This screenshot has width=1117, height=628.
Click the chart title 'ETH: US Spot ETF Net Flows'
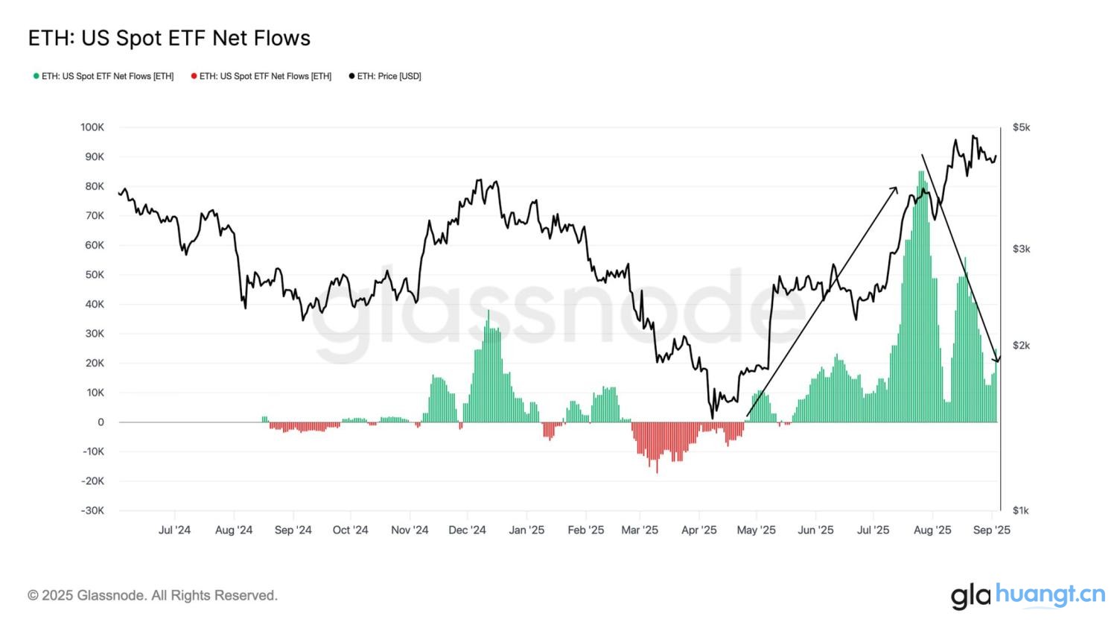point(169,38)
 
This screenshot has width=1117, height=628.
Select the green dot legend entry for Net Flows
point(104,76)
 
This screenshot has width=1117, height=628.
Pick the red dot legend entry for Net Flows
point(261,76)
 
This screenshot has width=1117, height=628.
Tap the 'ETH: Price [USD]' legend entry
point(385,76)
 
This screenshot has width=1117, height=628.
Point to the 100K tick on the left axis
point(92,127)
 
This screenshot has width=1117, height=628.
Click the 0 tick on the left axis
point(101,422)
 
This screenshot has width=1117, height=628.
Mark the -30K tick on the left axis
point(92,511)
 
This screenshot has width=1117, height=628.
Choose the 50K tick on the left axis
point(95,275)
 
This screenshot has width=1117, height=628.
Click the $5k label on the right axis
point(1021,127)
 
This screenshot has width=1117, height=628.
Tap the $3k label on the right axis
point(1021,249)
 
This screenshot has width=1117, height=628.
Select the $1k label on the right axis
point(1021,511)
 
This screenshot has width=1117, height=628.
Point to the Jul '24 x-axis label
point(174,530)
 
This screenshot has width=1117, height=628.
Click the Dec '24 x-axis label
point(467,530)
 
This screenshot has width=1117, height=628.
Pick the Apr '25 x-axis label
point(699,530)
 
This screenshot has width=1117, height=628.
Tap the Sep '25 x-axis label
point(992,530)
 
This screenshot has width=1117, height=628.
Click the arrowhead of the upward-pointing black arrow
point(896,189)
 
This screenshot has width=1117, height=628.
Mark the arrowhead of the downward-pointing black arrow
point(997,360)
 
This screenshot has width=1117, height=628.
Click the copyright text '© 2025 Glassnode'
point(153,595)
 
